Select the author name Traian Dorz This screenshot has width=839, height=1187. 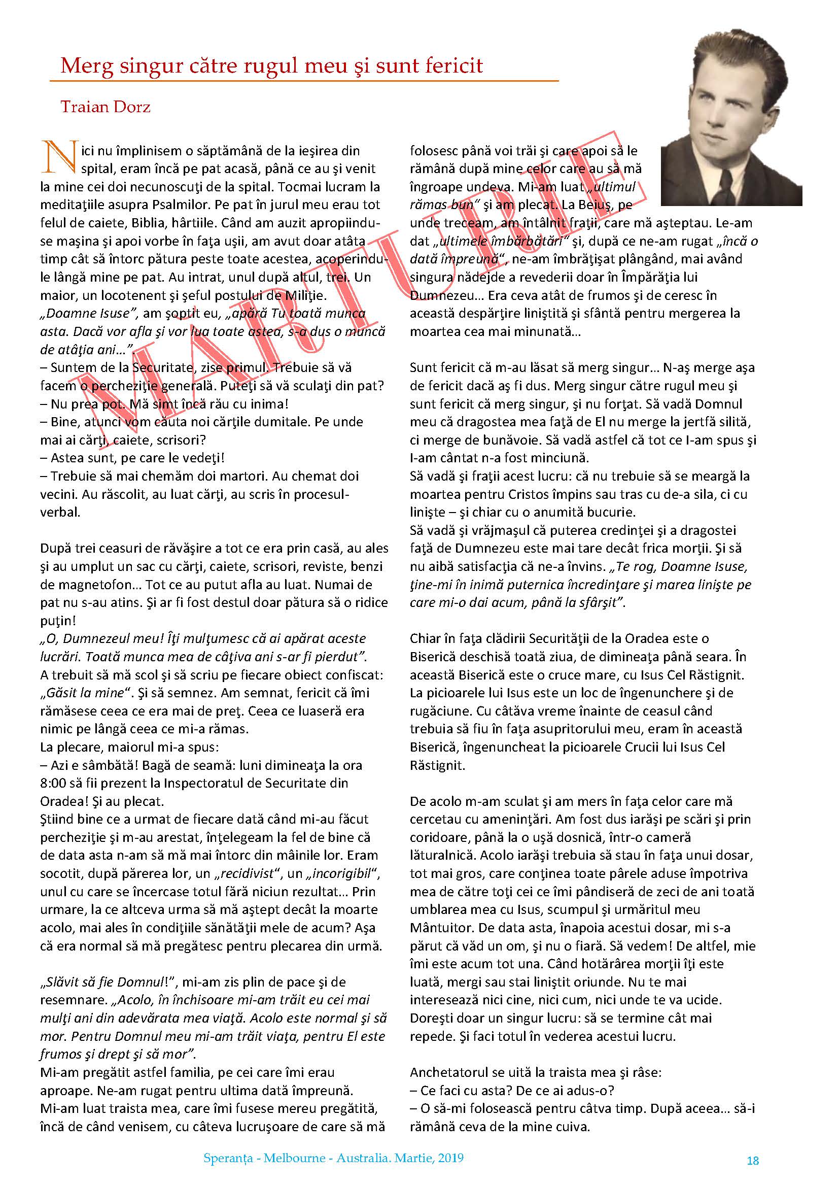(106, 107)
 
